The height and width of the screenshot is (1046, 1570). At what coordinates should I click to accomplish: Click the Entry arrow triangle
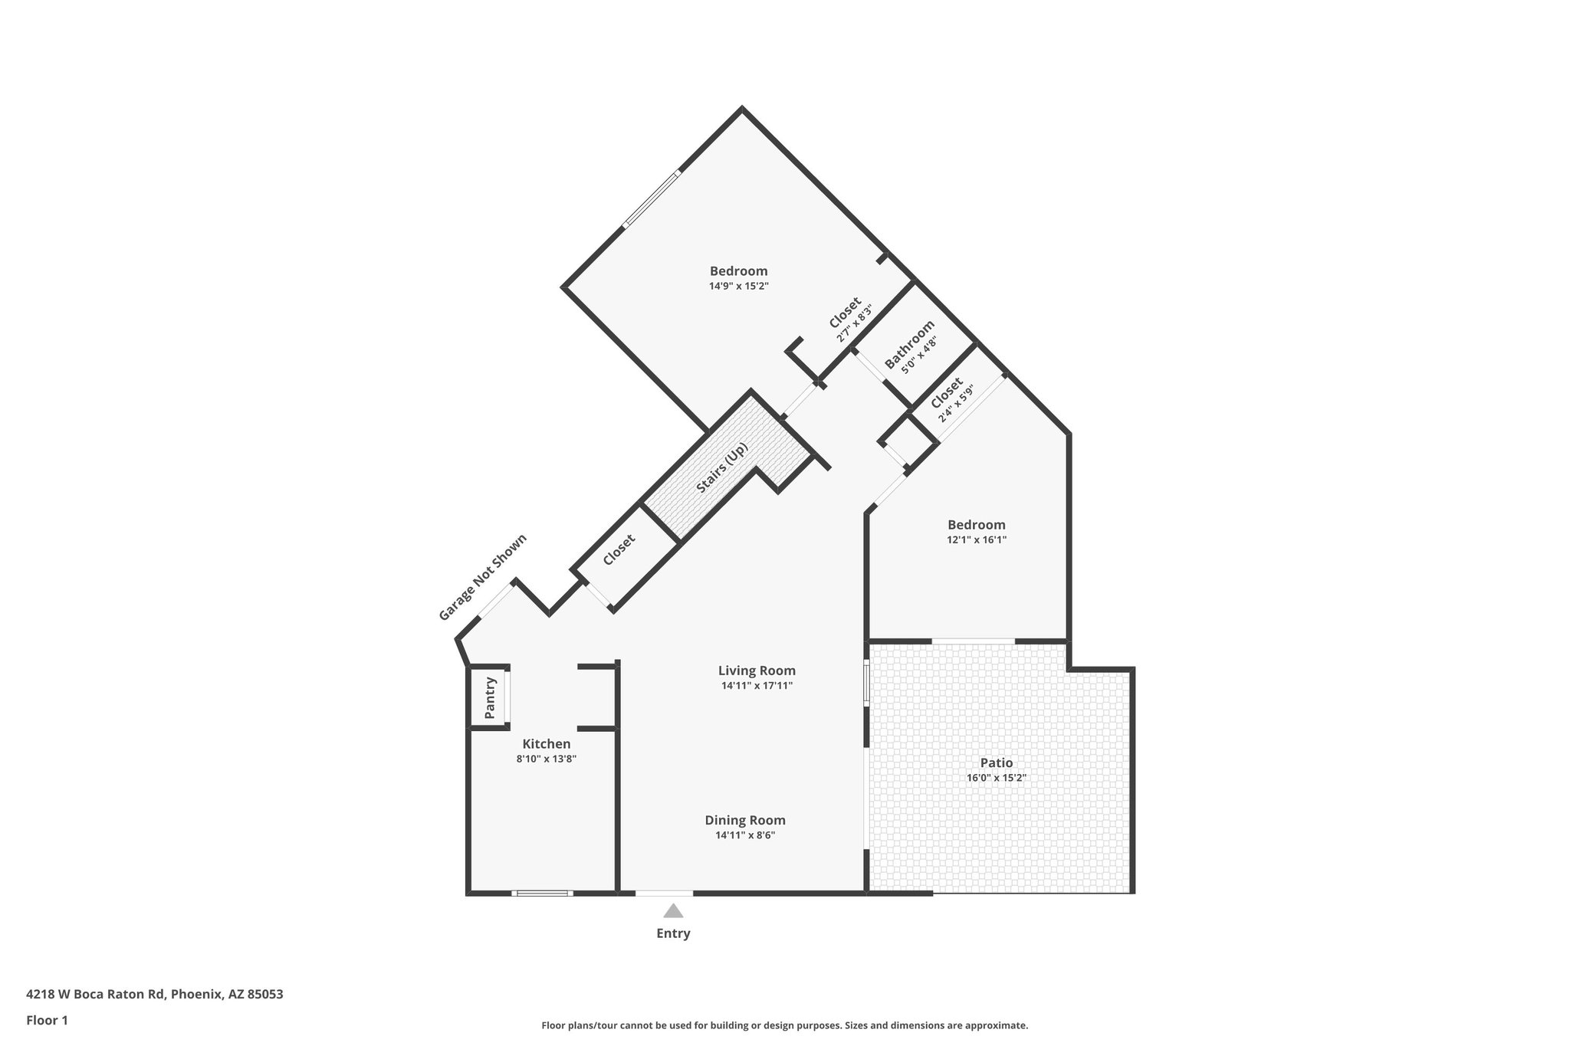(x=673, y=911)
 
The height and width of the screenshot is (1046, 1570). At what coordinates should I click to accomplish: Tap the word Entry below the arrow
(x=673, y=933)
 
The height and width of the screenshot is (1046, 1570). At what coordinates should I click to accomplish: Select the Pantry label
(x=490, y=698)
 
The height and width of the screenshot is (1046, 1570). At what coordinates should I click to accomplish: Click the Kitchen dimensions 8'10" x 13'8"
(x=546, y=759)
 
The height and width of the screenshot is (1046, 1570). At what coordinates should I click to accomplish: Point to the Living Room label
(x=757, y=671)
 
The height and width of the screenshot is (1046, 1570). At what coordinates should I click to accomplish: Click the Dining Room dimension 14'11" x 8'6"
(x=745, y=835)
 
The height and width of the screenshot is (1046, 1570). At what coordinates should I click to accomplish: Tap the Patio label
(x=996, y=762)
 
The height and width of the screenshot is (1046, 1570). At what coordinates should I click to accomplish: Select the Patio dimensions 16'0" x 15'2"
(x=996, y=778)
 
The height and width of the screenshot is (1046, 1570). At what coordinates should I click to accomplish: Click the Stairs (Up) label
(x=721, y=468)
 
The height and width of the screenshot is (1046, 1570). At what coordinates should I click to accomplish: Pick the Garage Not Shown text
(x=482, y=577)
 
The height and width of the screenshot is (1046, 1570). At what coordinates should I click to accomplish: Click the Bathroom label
(x=908, y=344)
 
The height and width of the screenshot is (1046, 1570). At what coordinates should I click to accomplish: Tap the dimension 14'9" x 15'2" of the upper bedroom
(x=738, y=286)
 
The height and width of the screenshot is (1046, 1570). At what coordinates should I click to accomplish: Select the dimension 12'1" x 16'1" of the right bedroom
(x=976, y=539)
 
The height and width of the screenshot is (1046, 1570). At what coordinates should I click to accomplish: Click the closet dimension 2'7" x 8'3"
(x=855, y=324)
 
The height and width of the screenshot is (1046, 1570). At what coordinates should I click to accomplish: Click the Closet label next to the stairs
(x=619, y=549)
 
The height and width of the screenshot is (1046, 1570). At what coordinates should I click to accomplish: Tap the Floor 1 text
(x=47, y=1020)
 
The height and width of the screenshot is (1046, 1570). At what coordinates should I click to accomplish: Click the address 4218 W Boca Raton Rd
(x=95, y=995)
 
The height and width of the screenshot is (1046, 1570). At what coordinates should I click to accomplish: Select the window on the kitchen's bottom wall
(x=542, y=893)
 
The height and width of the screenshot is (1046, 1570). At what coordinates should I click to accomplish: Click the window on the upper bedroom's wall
(x=652, y=199)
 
